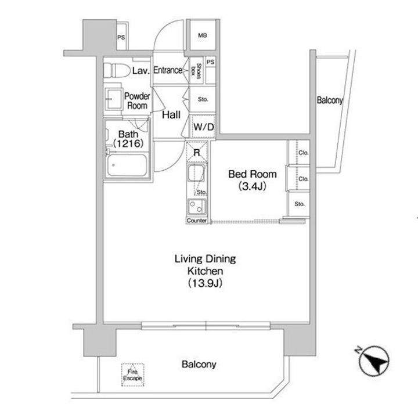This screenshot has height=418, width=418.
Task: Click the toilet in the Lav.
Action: (117, 70)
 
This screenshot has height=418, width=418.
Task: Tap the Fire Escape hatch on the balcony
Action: (132, 375)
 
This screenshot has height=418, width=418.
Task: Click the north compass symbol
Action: (373, 361)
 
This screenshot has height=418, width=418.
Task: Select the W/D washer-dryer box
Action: (203, 127)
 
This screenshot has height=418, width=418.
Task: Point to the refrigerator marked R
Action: (197, 152)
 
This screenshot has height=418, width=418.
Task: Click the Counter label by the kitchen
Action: (196, 221)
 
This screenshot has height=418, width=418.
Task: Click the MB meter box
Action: (203, 35)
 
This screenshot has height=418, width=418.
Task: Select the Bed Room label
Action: (253, 174)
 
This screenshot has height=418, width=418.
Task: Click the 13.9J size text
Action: (206, 283)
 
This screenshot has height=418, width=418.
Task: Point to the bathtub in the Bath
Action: (127, 165)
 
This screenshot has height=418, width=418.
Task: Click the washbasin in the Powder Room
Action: (114, 99)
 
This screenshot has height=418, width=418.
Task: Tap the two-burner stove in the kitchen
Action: (196, 207)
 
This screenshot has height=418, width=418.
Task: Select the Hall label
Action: (171, 115)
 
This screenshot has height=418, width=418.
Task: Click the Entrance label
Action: (168, 70)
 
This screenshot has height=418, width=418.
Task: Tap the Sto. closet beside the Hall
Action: (203, 99)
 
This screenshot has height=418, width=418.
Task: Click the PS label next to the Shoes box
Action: (210, 62)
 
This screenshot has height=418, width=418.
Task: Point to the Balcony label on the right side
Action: (330, 100)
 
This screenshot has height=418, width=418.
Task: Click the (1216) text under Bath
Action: (128, 144)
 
